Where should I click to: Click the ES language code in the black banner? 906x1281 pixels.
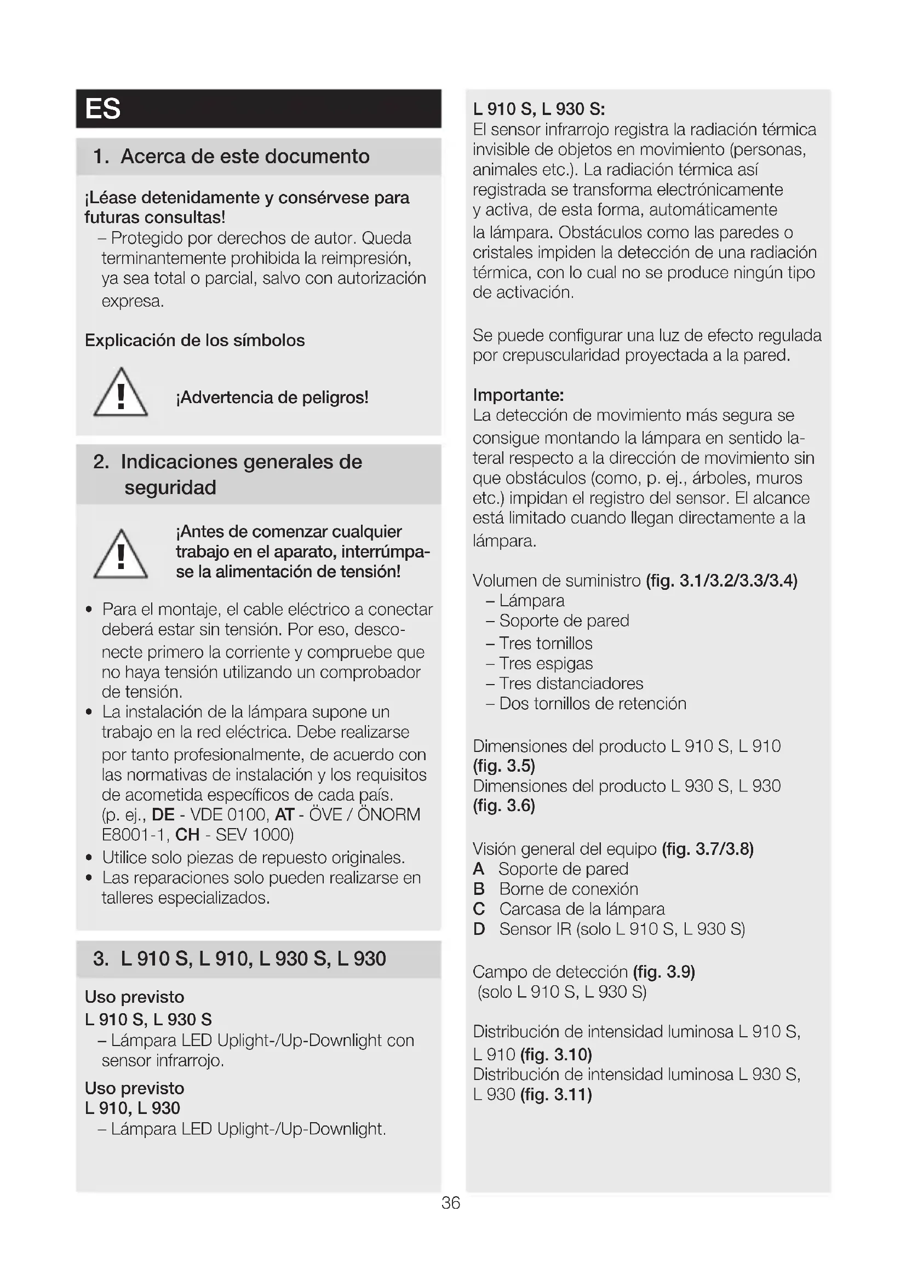point(102,109)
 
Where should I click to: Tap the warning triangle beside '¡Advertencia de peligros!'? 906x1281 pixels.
point(121,393)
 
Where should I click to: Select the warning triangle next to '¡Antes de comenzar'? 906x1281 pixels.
point(121,554)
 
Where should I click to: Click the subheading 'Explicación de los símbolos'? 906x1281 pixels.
point(194,340)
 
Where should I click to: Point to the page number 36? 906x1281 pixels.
point(450,1203)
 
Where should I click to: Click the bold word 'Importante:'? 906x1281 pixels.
point(518,395)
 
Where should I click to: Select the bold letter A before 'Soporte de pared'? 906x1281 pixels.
point(479,869)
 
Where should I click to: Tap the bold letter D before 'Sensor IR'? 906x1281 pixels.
point(479,929)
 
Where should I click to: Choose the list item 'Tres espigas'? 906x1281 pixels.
point(545,663)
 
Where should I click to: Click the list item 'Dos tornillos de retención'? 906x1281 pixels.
point(592,704)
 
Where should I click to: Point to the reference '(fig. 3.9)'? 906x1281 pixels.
point(664,972)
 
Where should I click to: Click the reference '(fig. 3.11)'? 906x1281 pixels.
point(555,1095)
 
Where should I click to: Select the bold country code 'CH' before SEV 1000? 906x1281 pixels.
point(187,835)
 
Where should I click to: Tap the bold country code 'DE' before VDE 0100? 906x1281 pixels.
point(163,814)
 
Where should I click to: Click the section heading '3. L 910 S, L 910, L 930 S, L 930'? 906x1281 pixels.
point(239,958)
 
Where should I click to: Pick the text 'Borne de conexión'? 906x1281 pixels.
point(568,889)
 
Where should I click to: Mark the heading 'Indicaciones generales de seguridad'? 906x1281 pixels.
point(241,474)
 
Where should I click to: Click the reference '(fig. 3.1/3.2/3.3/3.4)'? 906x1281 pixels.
point(721,581)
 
